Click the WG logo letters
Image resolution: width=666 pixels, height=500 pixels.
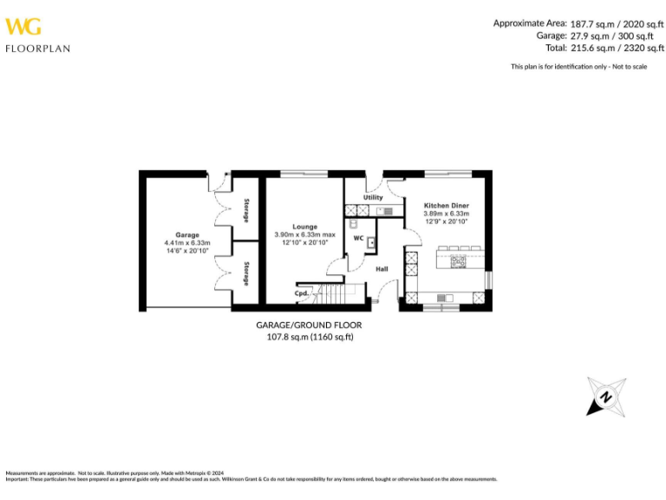[x=23, y=26]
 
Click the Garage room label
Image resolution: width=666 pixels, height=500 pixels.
[x=187, y=234]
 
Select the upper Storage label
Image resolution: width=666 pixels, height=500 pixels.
[x=246, y=210]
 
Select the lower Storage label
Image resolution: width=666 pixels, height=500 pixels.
[x=246, y=273]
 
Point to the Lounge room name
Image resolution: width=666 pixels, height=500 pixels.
[x=304, y=227]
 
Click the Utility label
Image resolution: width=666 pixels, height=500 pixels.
[x=373, y=198]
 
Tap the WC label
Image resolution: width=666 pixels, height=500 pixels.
[x=358, y=237]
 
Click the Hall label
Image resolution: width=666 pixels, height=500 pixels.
[x=382, y=269]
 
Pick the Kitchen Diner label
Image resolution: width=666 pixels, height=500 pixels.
[x=447, y=206]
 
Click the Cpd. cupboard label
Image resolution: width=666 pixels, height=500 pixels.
[x=303, y=293]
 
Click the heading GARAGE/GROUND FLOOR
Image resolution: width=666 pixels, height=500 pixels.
[x=309, y=325]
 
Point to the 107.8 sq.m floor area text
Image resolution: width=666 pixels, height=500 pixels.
[x=309, y=337]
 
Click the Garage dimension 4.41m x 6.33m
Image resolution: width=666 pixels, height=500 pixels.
[x=187, y=242]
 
